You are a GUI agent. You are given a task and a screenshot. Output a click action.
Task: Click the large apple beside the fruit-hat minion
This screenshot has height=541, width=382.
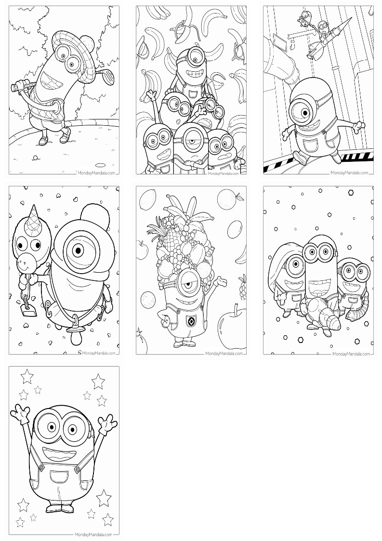tap(232, 324)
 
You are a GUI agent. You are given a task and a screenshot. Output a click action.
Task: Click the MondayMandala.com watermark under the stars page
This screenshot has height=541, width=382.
tap(94, 534)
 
